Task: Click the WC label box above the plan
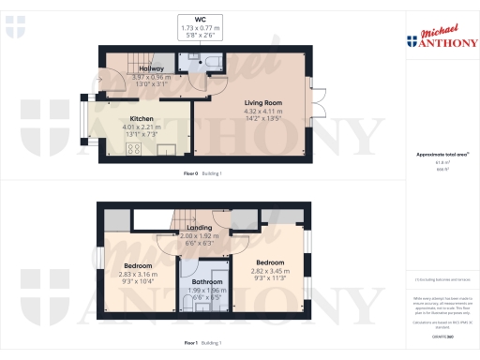[200, 25]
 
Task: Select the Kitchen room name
[142, 119]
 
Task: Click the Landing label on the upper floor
[198, 228]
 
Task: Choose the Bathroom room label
[208, 281]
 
